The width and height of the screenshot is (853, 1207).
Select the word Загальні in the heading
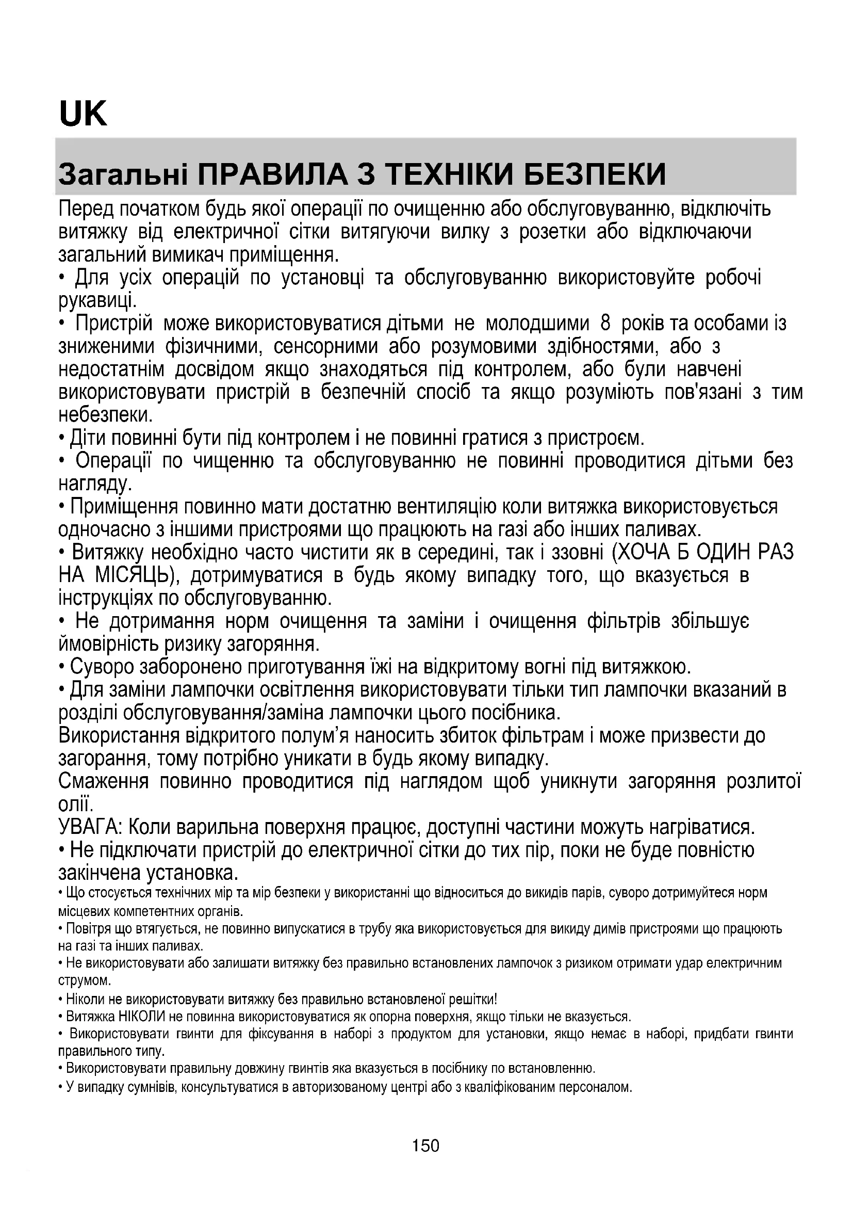123,175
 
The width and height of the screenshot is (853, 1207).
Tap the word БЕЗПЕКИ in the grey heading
596,175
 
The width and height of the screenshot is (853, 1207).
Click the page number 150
425,1145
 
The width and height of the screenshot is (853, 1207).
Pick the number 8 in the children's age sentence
605,323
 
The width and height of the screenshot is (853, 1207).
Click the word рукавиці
97,300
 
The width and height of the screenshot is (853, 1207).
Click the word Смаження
104,782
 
